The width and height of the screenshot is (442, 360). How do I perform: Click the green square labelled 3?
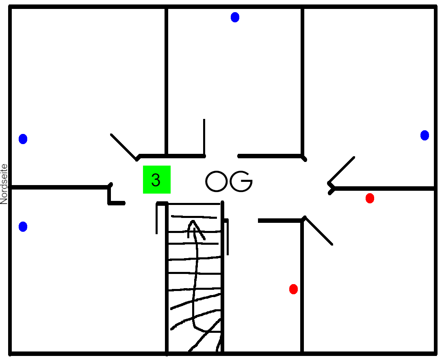pos(157,179)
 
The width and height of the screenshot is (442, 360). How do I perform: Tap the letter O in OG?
pos(216,181)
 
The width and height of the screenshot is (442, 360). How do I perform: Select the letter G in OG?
pos(241,181)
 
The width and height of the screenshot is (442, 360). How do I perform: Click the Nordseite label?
pos(4,184)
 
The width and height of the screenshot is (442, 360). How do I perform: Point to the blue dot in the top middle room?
pos(235,17)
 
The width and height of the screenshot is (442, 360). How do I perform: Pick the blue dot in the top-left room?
pos(23,139)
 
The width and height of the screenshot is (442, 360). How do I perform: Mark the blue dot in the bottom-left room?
pos(23,226)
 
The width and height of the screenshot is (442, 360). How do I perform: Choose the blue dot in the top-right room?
pos(425,135)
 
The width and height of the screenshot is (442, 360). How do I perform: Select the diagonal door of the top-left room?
pos(123,147)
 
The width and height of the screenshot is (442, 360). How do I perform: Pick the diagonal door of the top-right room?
pos(341,170)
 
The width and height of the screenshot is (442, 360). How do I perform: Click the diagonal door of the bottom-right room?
pos(318,231)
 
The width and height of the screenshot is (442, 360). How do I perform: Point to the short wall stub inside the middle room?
pos(204,137)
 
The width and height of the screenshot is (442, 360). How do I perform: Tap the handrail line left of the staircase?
pos(157,218)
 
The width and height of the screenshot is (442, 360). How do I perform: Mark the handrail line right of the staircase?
pos(227,237)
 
